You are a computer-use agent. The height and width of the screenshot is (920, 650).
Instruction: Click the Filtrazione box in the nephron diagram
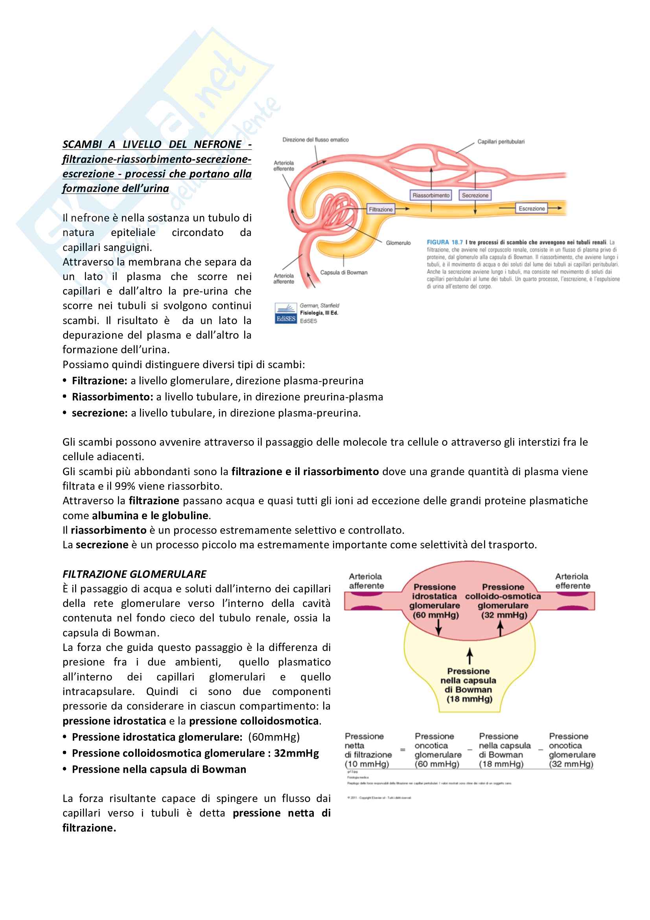tap(381, 209)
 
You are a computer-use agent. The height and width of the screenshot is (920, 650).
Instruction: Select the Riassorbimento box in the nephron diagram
tap(431, 195)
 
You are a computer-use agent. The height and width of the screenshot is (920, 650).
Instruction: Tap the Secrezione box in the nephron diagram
tap(475, 195)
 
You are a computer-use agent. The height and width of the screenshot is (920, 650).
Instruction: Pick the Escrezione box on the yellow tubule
tap(532, 208)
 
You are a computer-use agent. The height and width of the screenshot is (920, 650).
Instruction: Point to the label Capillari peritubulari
tap(501, 142)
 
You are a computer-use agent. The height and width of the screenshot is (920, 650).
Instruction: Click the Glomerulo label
tap(398, 243)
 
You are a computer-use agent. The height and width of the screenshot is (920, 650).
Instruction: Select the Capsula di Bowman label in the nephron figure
tap(344, 273)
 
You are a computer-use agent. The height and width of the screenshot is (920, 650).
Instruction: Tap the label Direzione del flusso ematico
tap(316, 140)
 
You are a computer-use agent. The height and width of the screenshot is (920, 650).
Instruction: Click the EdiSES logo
tap(285, 313)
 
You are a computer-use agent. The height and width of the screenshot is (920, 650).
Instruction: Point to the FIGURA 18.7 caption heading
tap(445, 242)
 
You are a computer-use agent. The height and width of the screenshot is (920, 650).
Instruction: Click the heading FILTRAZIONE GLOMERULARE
tap(134, 574)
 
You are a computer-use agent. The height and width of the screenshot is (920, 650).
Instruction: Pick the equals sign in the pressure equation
tap(403, 749)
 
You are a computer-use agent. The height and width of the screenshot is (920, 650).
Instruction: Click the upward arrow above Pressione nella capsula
tap(470, 656)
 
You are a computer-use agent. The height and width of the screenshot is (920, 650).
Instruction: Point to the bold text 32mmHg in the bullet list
tap(296, 753)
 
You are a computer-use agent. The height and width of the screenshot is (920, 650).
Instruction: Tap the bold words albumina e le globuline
tap(150, 515)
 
